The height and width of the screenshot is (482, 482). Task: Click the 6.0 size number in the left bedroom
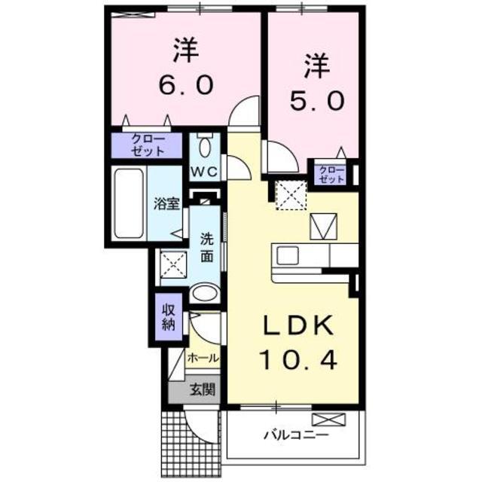pos(185,85)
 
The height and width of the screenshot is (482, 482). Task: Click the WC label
pos(203,171)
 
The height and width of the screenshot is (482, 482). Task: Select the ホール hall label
pos(202,358)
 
